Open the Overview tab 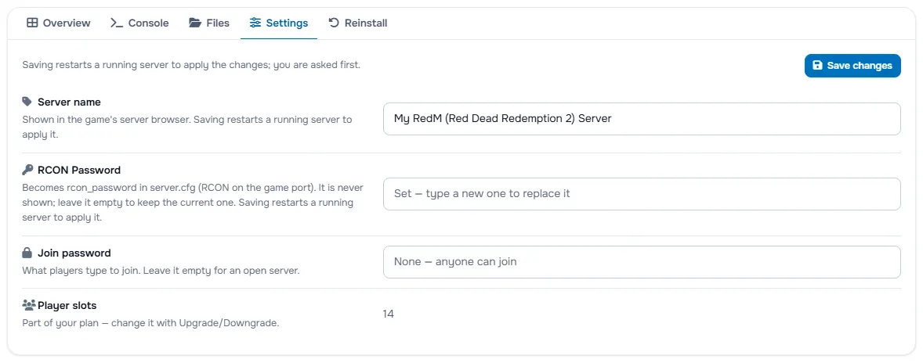(59, 23)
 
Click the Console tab (139, 23)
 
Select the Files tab (209, 23)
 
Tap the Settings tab (278, 23)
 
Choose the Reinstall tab (357, 23)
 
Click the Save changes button (852, 65)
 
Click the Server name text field (642, 119)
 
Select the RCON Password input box (642, 194)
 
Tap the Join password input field (642, 262)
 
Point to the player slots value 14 (388, 314)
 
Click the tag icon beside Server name (27, 102)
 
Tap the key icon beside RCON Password (27, 170)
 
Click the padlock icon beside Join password (27, 253)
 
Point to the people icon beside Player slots (29, 305)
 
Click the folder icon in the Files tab (195, 23)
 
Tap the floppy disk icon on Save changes (817, 65)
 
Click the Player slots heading (67, 305)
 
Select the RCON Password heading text (79, 171)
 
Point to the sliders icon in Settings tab (255, 23)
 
